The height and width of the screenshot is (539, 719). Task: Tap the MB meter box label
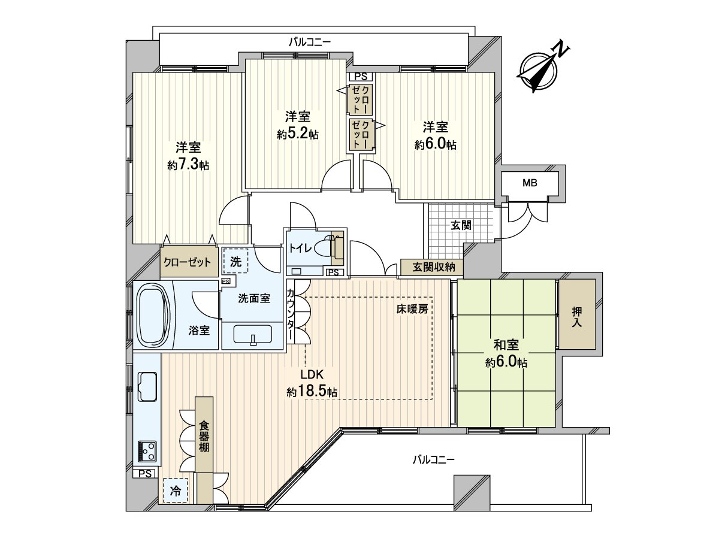point(529,183)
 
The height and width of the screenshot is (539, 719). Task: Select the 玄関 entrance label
point(461,226)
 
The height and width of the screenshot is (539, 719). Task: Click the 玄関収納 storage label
point(429,268)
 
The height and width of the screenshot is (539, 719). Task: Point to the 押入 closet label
point(576,316)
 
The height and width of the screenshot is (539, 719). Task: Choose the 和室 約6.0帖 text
point(506,354)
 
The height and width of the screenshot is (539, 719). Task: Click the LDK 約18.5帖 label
point(312,383)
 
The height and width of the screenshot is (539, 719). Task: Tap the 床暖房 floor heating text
point(411,310)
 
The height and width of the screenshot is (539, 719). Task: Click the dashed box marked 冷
point(176,490)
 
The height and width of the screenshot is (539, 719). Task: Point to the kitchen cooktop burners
point(147,450)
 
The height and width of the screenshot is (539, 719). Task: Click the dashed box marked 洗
point(236,262)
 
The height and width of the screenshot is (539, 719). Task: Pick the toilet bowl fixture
point(328,247)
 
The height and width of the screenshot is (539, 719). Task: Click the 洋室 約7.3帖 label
point(188,156)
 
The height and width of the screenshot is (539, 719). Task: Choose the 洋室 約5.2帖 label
point(298,125)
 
